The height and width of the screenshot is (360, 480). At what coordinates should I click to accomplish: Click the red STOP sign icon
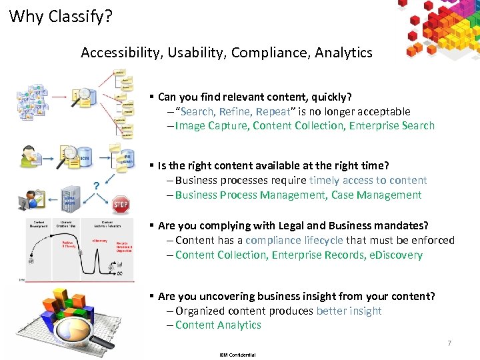[x=121, y=204]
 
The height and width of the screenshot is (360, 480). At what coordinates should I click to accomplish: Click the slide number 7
[x=449, y=343]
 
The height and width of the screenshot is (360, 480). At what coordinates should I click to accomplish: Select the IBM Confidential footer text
[x=237, y=355]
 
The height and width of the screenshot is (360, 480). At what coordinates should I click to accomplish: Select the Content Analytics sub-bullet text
[x=218, y=325]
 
